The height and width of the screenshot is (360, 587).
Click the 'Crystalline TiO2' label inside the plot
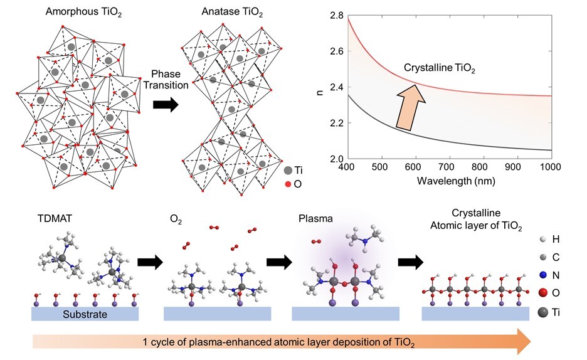pyautogui.click(x=439, y=70)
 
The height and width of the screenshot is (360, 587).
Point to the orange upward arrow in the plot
pyautogui.click(x=411, y=109)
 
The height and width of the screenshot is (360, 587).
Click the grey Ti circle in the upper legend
pyautogui.click(x=287, y=169)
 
